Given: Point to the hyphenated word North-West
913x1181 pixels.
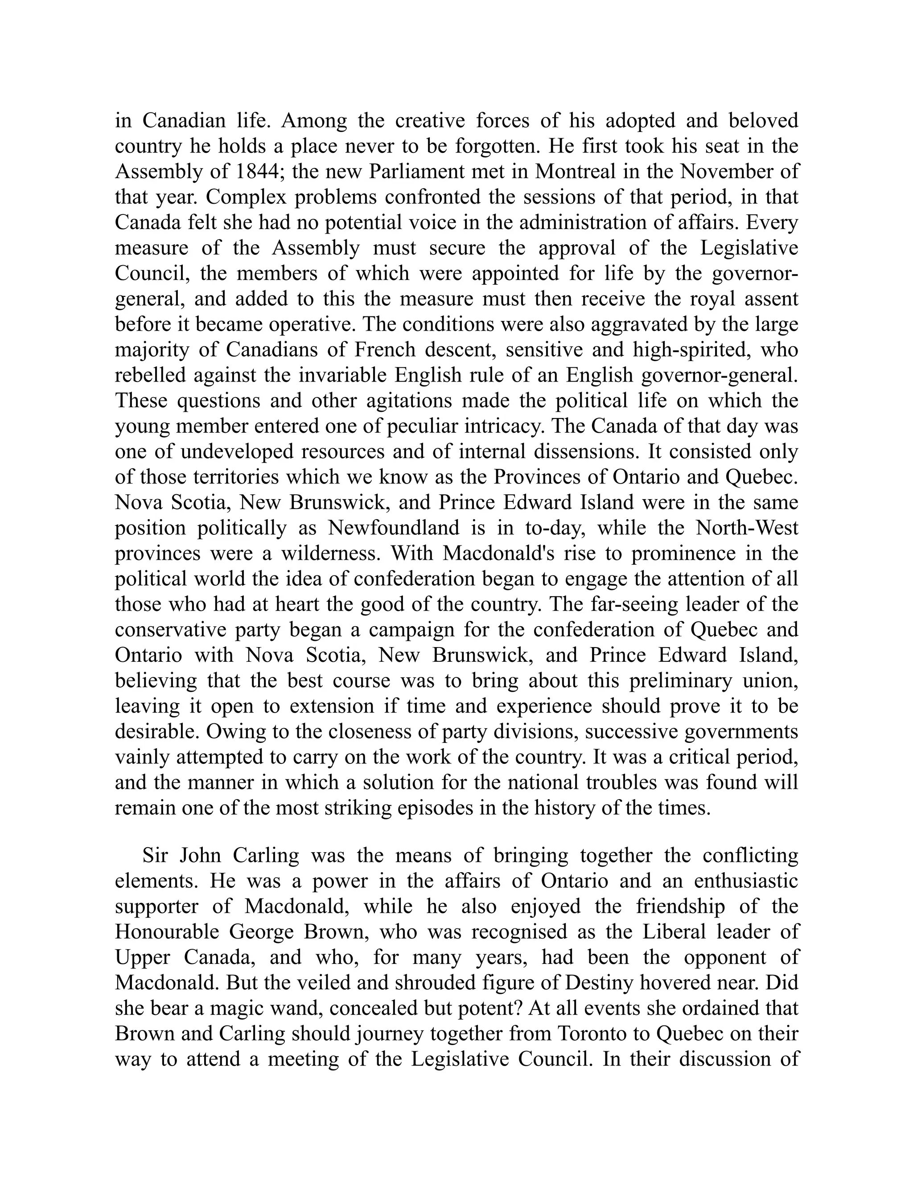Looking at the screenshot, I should pyautogui.click(x=746, y=528).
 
